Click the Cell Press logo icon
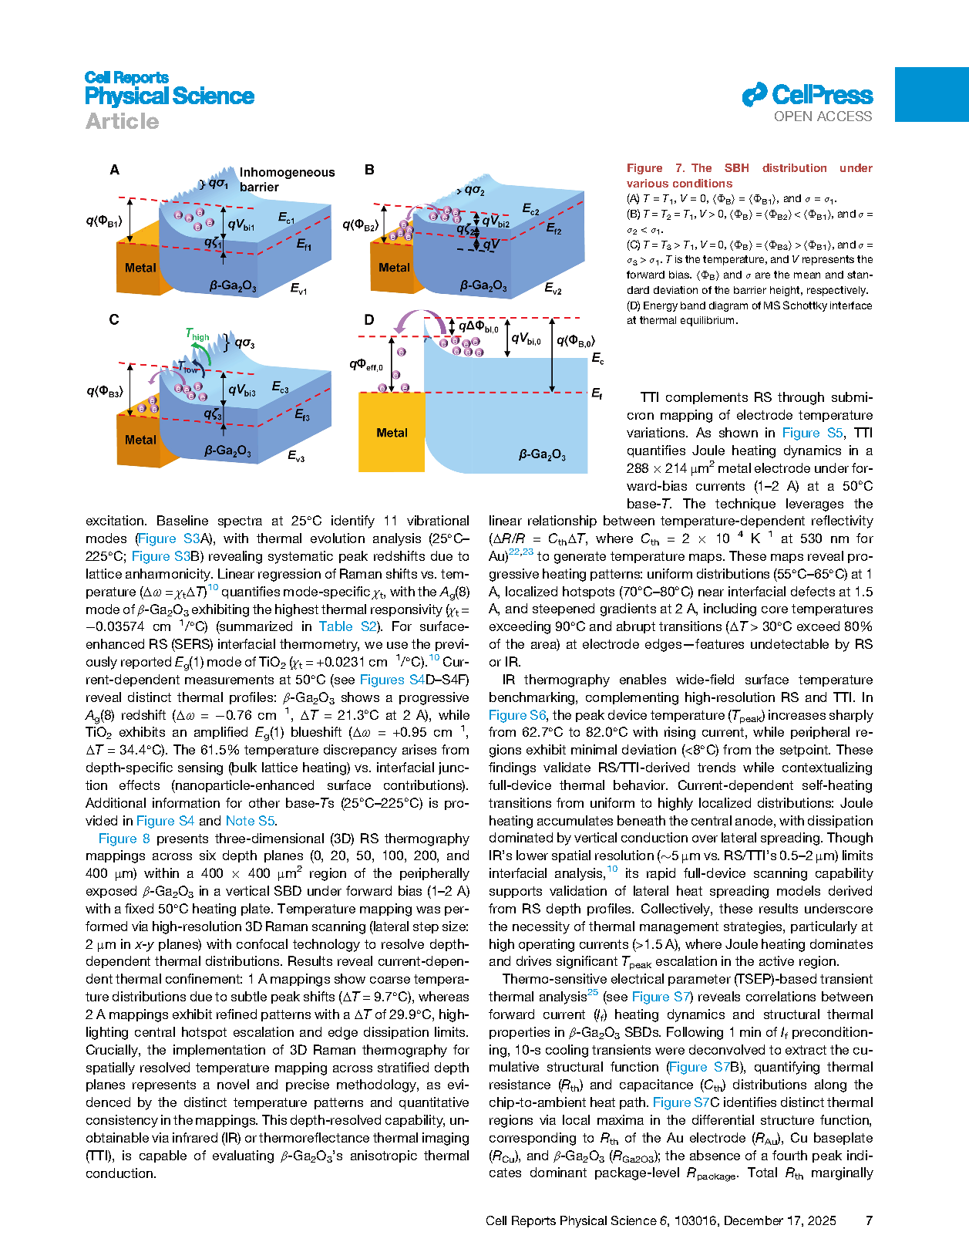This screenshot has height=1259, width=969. point(754,95)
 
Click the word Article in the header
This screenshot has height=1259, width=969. point(122,121)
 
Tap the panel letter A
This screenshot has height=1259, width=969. point(114,170)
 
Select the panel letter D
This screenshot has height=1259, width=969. point(369,319)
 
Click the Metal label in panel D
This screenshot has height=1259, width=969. point(392,433)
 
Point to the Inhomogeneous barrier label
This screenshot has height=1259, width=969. point(286,180)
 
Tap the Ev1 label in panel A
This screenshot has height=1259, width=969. point(298,289)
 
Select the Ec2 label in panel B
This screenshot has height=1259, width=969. point(531,209)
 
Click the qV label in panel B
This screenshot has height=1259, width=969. point(491,245)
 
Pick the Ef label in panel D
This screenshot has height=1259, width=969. point(596,393)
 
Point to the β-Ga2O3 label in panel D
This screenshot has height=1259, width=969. point(542,454)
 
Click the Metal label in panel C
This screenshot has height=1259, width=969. point(140,440)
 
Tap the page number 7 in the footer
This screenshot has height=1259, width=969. point(869,1220)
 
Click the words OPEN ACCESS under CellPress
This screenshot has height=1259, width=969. point(823,116)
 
